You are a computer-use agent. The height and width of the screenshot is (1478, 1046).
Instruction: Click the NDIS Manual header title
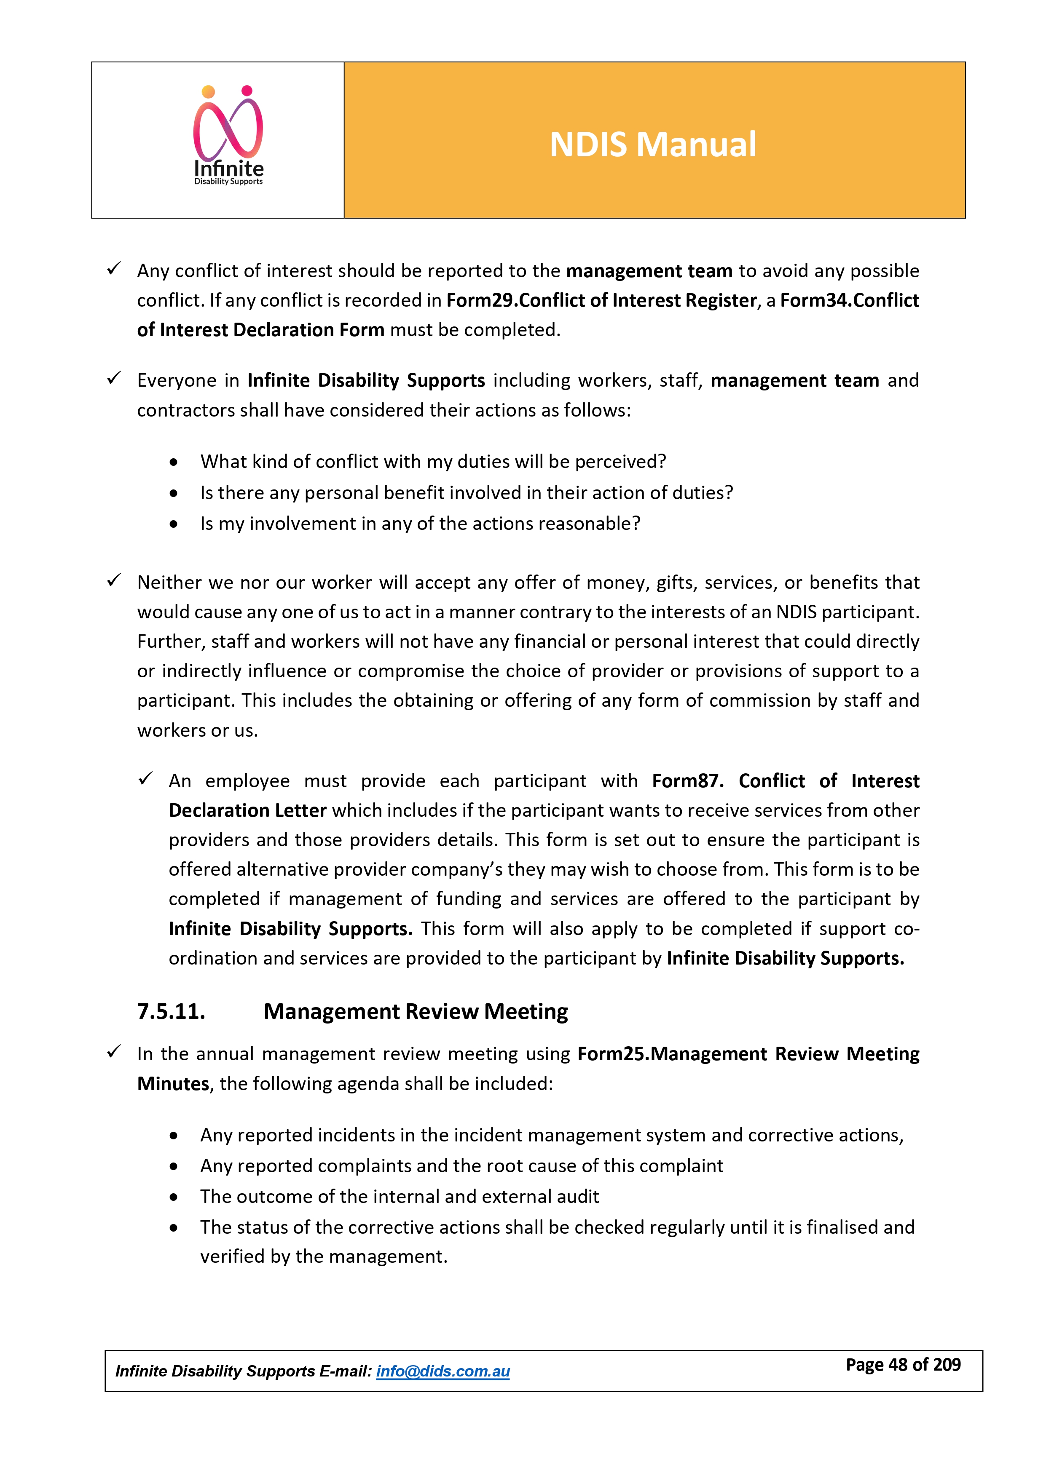point(652,144)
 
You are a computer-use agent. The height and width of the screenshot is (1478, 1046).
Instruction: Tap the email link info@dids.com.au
point(443,1371)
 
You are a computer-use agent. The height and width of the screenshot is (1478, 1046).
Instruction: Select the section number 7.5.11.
point(172,1011)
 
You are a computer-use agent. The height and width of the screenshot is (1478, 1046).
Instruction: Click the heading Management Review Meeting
point(416,1011)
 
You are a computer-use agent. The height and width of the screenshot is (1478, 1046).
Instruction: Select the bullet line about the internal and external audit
point(400,1196)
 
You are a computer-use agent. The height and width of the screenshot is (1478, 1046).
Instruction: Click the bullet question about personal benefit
point(467,492)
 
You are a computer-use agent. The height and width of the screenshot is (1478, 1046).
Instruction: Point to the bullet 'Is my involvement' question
point(420,524)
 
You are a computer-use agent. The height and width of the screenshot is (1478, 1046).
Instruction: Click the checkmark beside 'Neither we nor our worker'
point(114,581)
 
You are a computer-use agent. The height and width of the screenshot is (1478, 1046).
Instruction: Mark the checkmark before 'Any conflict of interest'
point(114,269)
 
